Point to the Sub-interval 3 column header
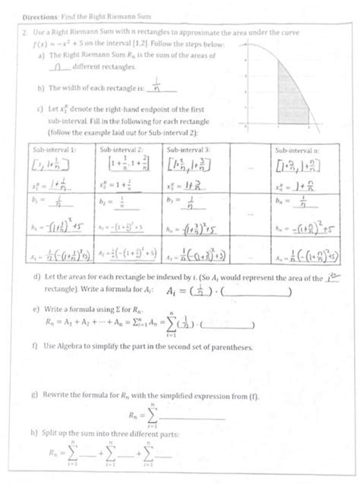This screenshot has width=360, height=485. [x=188, y=150]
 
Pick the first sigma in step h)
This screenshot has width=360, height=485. [x=74, y=455]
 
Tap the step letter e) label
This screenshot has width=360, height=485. [x=37, y=309]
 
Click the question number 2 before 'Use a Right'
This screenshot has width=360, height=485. [x=25, y=33]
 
